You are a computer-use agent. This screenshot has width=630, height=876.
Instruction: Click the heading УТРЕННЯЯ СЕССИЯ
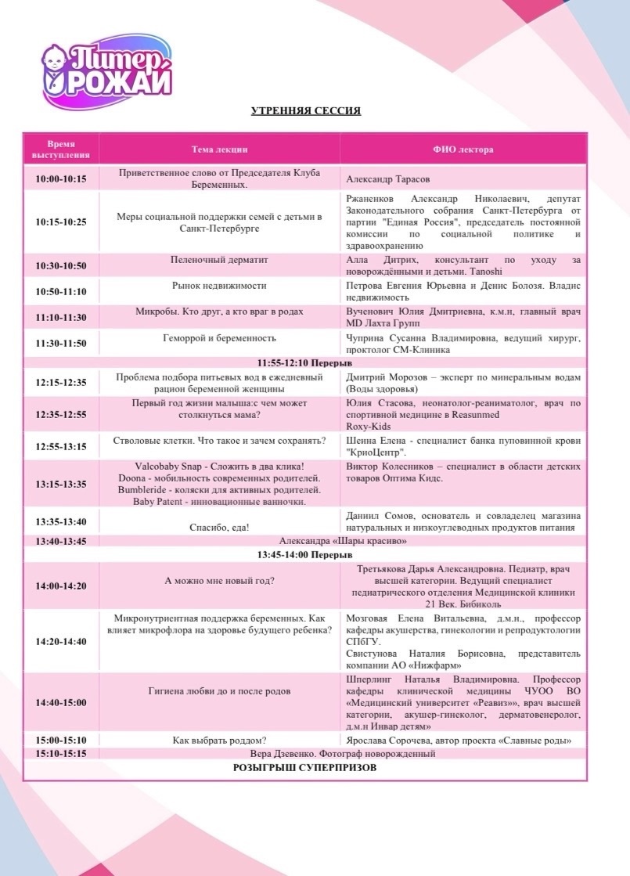click(x=306, y=111)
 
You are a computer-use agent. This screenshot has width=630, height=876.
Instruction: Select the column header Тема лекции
click(x=219, y=149)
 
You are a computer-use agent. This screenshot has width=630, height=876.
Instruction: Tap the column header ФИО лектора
click(x=463, y=149)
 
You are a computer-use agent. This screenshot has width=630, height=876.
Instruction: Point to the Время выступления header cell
click(x=61, y=149)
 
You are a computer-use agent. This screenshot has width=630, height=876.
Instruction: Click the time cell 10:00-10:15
click(x=61, y=178)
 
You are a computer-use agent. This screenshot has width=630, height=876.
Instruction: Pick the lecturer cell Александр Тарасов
click(x=388, y=178)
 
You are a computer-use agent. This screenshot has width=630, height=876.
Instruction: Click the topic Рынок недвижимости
click(x=219, y=287)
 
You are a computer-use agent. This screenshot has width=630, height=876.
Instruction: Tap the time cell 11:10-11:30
click(x=61, y=317)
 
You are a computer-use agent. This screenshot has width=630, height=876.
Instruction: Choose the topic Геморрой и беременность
click(x=219, y=338)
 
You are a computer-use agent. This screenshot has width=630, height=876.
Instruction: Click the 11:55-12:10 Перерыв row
click(x=305, y=364)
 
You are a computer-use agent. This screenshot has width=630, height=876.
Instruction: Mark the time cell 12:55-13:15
click(x=61, y=446)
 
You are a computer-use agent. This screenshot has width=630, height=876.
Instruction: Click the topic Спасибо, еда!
click(x=219, y=527)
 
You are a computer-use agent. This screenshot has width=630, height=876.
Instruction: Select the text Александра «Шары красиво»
click(x=343, y=540)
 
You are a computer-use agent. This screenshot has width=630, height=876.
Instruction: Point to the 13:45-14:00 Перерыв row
click(x=305, y=554)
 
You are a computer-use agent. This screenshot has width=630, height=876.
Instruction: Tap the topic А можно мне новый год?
click(x=219, y=580)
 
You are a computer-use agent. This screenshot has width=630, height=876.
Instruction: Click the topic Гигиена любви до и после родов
click(x=219, y=691)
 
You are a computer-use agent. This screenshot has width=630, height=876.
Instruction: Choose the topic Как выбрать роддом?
click(x=219, y=740)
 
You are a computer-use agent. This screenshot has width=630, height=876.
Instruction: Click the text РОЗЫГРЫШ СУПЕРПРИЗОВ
click(x=305, y=768)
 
